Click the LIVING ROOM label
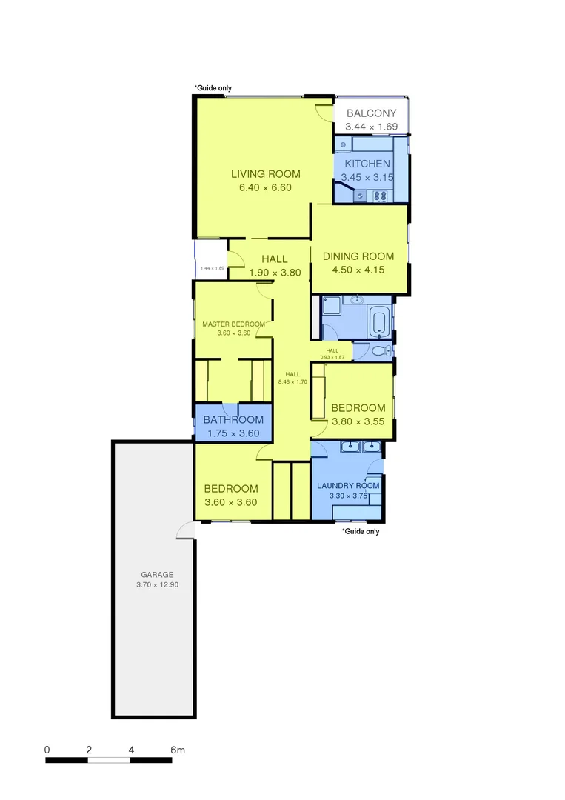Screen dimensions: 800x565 pyautogui.click(x=265, y=174)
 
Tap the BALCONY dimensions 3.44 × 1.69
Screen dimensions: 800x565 pyautogui.click(x=372, y=127)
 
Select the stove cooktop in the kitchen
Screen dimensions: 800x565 pyautogui.click(x=381, y=196)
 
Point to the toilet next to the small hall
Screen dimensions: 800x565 pyautogui.click(x=381, y=351)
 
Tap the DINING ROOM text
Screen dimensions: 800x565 pyautogui.click(x=358, y=256)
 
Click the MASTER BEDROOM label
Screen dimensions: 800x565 pyautogui.click(x=233, y=324)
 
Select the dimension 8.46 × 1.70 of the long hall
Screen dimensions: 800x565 pyautogui.click(x=292, y=381)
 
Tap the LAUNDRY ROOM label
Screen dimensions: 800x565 pyautogui.click(x=348, y=486)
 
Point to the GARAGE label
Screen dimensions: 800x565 pyautogui.click(x=157, y=574)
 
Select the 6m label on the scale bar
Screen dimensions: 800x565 pyautogui.click(x=177, y=750)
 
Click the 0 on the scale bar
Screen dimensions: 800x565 pyautogui.click(x=47, y=750)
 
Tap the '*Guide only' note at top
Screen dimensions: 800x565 pyautogui.click(x=213, y=88)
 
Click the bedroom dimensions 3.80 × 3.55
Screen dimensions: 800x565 pyautogui.click(x=358, y=421)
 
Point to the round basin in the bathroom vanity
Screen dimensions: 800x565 pyautogui.click(x=357, y=300)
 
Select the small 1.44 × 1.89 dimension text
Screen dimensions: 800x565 pyautogui.click(x=213, y=267)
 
